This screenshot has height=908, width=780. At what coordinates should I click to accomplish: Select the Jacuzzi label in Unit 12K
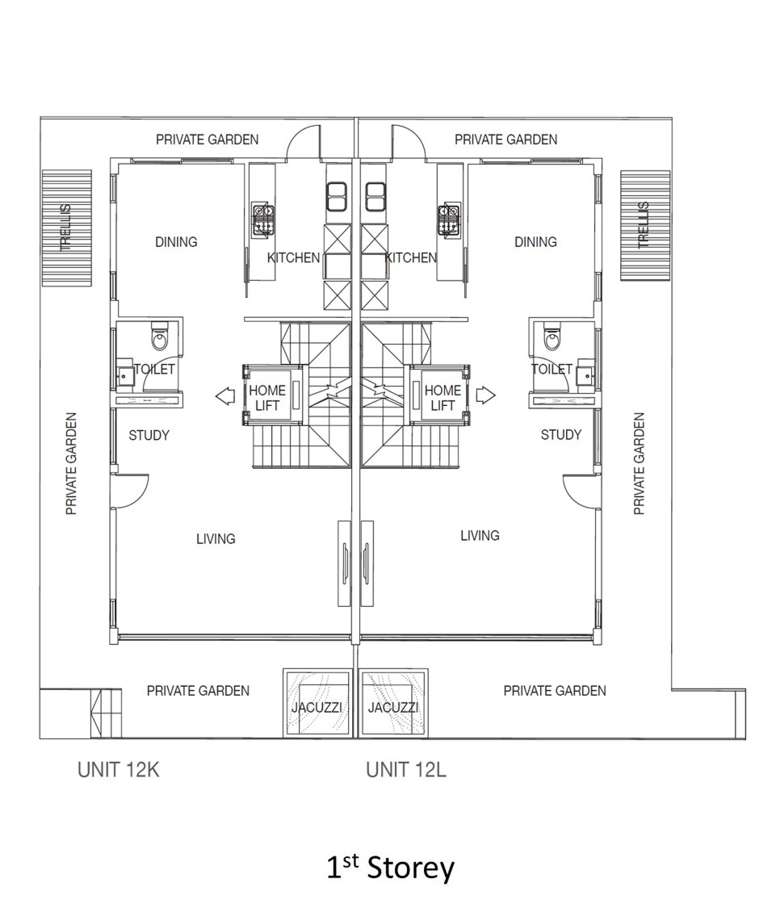(x=317, y=707)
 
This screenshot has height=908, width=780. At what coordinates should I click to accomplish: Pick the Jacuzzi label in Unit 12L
(x=393, y=707)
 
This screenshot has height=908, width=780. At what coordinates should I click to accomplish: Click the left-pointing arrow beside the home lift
(x=224, y=396)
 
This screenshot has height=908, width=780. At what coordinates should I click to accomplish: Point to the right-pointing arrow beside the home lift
(x=486, y=395)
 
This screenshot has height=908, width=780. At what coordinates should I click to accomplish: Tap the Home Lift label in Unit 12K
(x=267, y=398)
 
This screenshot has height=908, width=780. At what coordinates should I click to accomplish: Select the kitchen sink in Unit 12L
(x=375, y=197)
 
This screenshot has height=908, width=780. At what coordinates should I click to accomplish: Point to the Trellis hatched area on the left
(x=67, y=228)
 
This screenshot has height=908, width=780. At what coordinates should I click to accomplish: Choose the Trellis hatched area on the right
(x=645, y=225)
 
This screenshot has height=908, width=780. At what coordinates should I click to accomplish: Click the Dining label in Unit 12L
(x=535, y=241)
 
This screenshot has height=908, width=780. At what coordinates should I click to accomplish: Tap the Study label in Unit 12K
(x=149, y=435)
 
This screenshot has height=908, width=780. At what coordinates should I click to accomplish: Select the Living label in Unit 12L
(x=480, y=536)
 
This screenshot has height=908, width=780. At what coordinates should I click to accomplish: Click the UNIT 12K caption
(x=118, y=770)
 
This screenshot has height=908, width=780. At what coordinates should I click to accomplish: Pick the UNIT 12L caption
(x=406, y=770)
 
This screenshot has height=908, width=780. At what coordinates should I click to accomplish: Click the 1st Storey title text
(x=391, y=868)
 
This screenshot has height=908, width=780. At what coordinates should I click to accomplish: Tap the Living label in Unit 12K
(x=216, y=539)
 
